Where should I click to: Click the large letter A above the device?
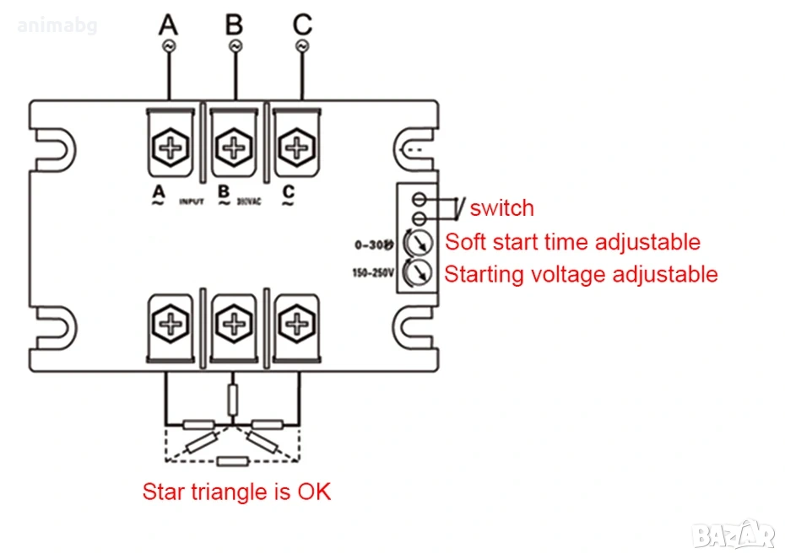point(168,24)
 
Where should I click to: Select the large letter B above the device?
point(234,24)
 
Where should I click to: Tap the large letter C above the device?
point(302,24)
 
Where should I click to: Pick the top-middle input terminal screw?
point(231,147)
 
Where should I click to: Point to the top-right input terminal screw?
point(295,147)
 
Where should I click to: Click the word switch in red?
point(502,208)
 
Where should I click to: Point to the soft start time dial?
point(417,244)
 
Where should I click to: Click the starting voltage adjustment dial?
point(417,272)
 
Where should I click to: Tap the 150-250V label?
point(372,272)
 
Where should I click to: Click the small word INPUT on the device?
point(192,202)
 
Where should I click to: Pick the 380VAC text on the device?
point(250,202)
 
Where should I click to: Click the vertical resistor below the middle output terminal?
point(232,397)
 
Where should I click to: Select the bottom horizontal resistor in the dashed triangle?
point(231,460)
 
